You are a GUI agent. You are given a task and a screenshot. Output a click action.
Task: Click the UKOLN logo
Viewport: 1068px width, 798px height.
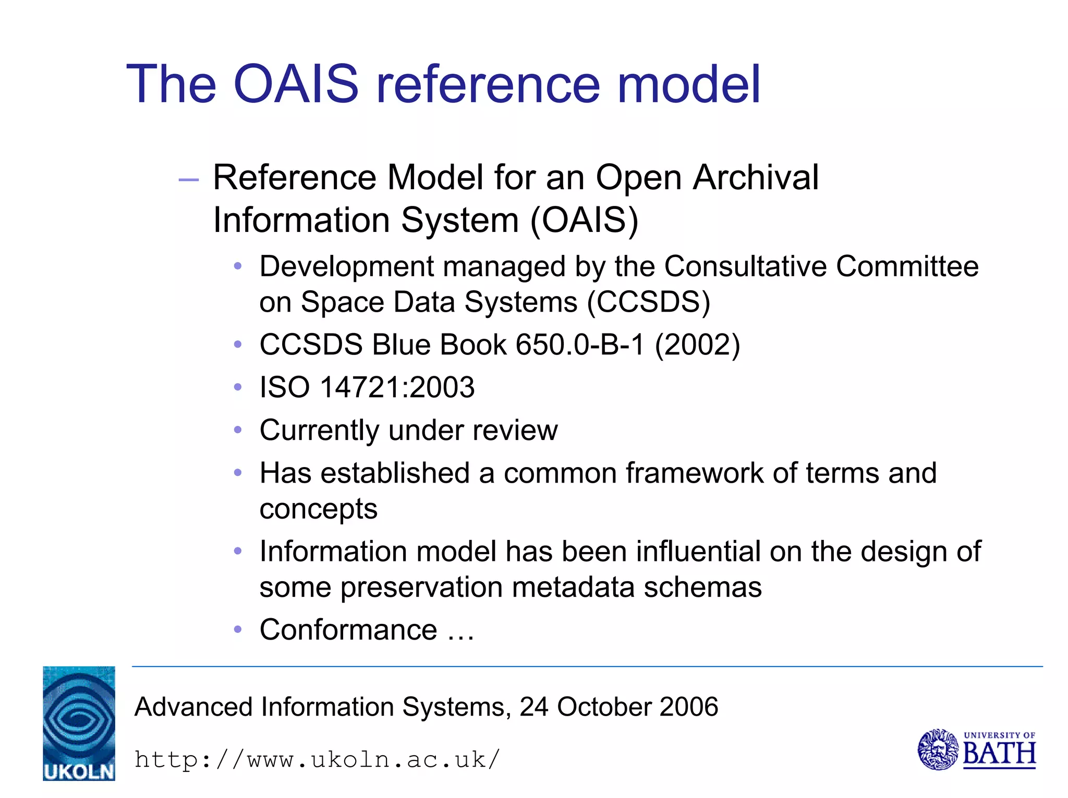click(79, 723)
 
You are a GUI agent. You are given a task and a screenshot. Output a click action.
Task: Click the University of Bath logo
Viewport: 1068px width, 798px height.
click(976, 750)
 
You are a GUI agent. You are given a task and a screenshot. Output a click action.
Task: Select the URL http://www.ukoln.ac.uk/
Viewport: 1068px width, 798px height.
click(317, 759)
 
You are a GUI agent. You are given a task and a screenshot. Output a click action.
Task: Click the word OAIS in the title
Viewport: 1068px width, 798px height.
click(296, 84)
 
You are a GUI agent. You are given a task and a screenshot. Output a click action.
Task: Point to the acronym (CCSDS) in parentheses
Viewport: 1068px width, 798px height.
click(648, 302)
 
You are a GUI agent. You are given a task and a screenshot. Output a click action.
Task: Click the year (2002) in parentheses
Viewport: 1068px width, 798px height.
click(697, 345)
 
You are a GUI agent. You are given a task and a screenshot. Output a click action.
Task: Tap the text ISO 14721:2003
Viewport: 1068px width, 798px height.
click(367, 388)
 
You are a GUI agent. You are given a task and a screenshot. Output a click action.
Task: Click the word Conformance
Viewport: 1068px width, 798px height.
click(348, 630)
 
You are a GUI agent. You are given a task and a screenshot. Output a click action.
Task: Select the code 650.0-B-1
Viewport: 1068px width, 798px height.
click(580, 345)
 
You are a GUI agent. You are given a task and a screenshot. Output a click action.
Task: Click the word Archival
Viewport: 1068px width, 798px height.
click(756, 178)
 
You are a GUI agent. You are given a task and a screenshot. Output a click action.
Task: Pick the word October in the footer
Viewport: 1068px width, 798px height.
click(603, 707)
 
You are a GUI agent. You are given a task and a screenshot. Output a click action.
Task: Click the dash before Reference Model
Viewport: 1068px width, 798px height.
click(188, 180)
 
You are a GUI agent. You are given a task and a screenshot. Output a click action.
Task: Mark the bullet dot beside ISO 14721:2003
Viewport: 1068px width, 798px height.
click(238, 387)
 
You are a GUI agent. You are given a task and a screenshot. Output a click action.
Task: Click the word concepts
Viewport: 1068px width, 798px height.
click(318, 509)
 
